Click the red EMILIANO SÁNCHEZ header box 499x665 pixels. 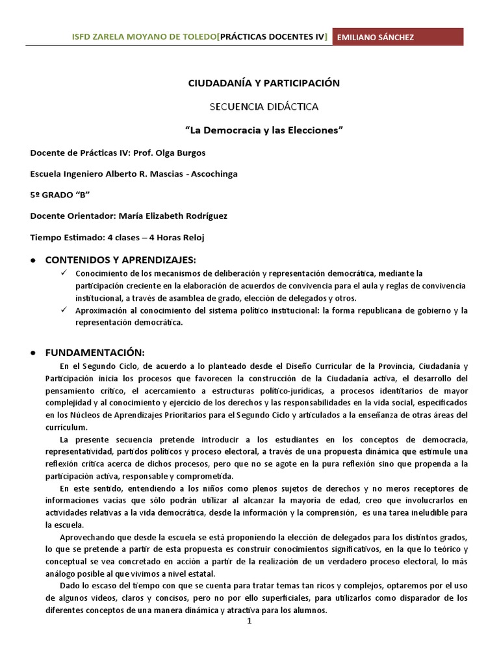tap(398, 37)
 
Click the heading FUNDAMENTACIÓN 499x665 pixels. tap(94, 352)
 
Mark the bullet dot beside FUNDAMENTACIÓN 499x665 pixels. tap(32, 353)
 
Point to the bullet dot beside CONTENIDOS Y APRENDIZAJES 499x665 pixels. tap(32, 260)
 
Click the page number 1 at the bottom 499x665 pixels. tap(249, 621)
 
